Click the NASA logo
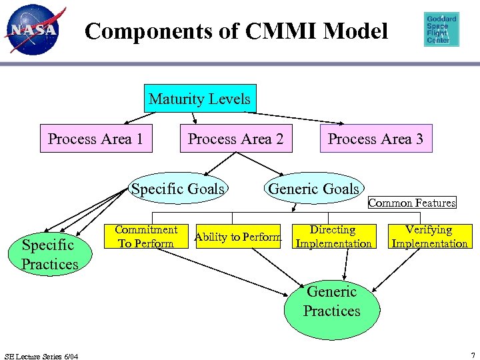coord(34,30)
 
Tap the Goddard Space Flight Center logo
coord(441,29)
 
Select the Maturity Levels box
coord(200,98)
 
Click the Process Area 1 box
coord(96,139)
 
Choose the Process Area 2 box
coord(236,139)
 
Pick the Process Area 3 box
coord(376,139)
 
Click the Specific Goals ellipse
coord(178,188)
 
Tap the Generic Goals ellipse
coord(314,188)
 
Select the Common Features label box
coord(412,203)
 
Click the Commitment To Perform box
coord(146,236)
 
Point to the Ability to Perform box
coord(238,236)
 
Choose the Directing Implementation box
coord(334,236)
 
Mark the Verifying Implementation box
coord(430,236)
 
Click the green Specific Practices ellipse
coord(50,254)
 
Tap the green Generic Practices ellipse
coord(332,309)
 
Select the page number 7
coord(473,356)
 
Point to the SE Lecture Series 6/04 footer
coord(41,356)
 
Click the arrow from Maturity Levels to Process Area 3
coord(294,118)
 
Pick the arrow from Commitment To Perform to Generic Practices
coord(222,272)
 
